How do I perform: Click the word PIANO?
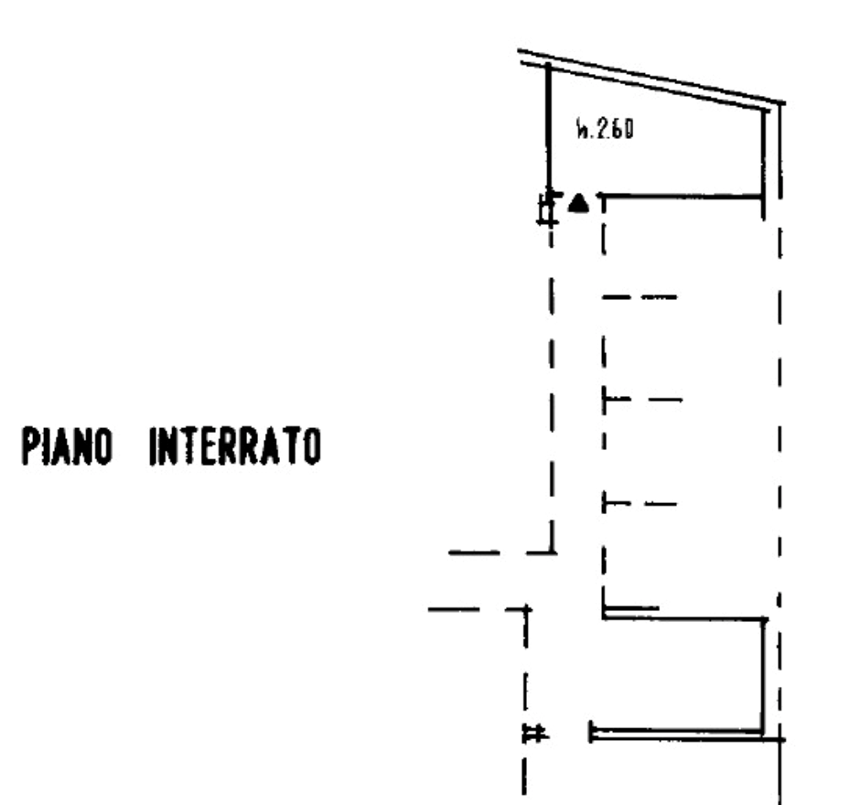point(67,446)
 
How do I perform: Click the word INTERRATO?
point(235,446)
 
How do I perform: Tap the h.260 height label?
point(605,129)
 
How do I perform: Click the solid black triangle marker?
point(578,203)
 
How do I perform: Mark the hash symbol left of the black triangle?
point(548,209)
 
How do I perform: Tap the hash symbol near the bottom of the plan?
point(535,733)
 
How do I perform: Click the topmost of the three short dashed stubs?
point(640,297)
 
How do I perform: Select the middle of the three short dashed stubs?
point(642,400)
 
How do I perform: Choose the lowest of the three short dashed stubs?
point(640,503)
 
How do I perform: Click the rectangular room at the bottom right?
point(682,674)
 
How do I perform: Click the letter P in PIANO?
point(29,446)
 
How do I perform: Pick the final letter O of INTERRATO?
point(312,446)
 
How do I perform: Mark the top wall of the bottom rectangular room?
point(684,618)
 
